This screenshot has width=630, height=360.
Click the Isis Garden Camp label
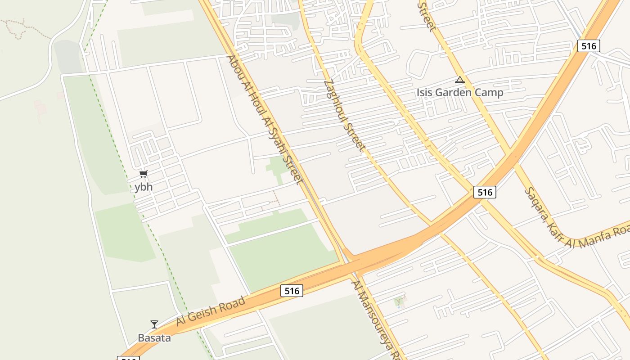[459, 92]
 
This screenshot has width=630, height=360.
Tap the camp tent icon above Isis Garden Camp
[459, 81]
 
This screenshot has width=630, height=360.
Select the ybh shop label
[143, 187]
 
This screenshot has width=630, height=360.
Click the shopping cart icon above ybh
[143, 174]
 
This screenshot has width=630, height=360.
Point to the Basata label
[154, 337]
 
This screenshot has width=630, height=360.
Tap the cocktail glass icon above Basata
[154, 324]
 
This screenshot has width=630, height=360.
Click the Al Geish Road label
[211, 310]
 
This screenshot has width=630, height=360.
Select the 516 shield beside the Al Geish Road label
[292, 291]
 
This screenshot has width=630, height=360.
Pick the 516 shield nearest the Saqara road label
[485, 192]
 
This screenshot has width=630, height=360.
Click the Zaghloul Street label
[344, 115]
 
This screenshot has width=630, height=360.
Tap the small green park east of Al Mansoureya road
[399, 301]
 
